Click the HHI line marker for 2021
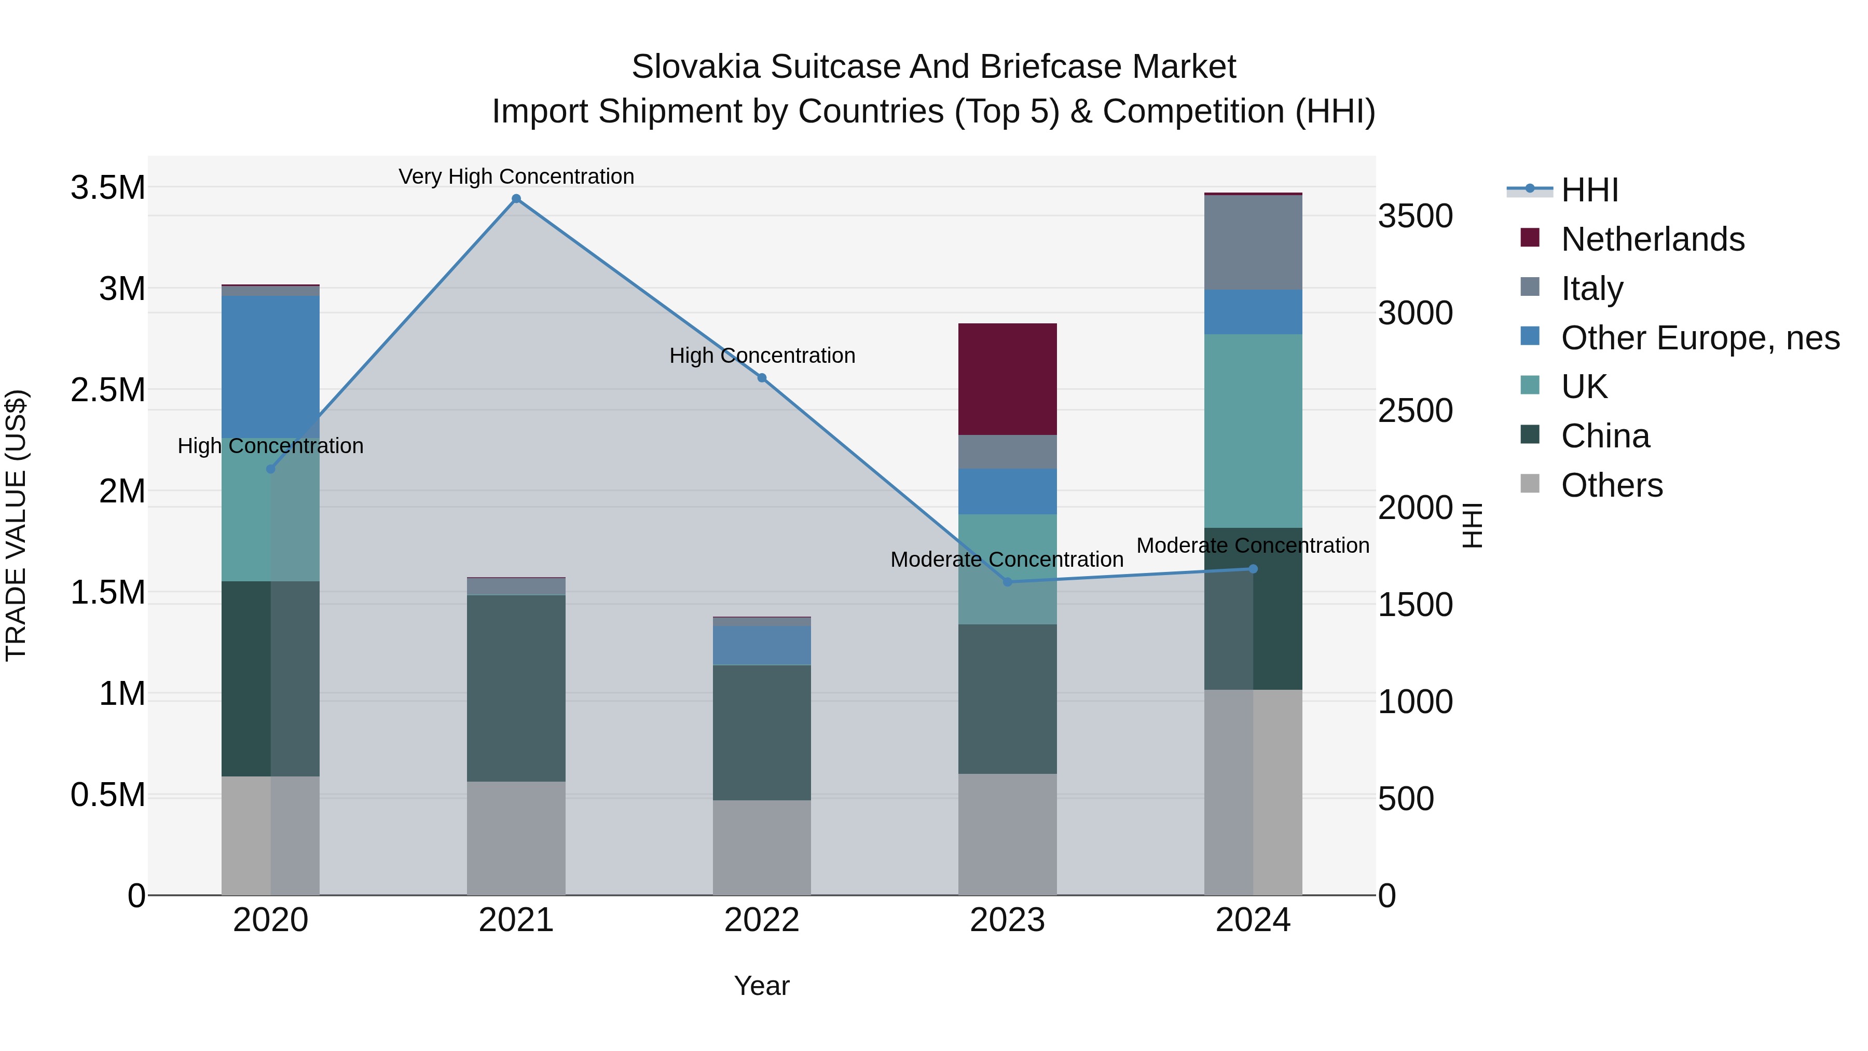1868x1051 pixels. (x=516, y=199)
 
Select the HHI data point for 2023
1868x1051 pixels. (x=1007, y=582)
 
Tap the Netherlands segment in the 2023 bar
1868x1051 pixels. (x=1007, y=379)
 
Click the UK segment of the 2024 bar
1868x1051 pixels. (x=1253, y=431)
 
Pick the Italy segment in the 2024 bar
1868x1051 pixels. (x=1253, y=243)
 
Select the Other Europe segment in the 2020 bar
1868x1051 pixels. (x=270, y=366)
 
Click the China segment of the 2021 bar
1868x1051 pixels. (x=516, y=688)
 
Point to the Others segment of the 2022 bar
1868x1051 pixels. (x=761, y=847)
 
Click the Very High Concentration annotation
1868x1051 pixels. (x=516, y=176)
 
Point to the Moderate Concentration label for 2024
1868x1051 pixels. (x=1253, y=545)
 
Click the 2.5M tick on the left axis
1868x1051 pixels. (x=108, y=390)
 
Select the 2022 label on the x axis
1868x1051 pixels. (x=761, y=920)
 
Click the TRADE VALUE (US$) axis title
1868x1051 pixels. (x=16, y=525)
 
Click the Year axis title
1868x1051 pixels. (x=761, y=986)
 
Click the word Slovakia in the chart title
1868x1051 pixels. (x=695, y=67)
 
